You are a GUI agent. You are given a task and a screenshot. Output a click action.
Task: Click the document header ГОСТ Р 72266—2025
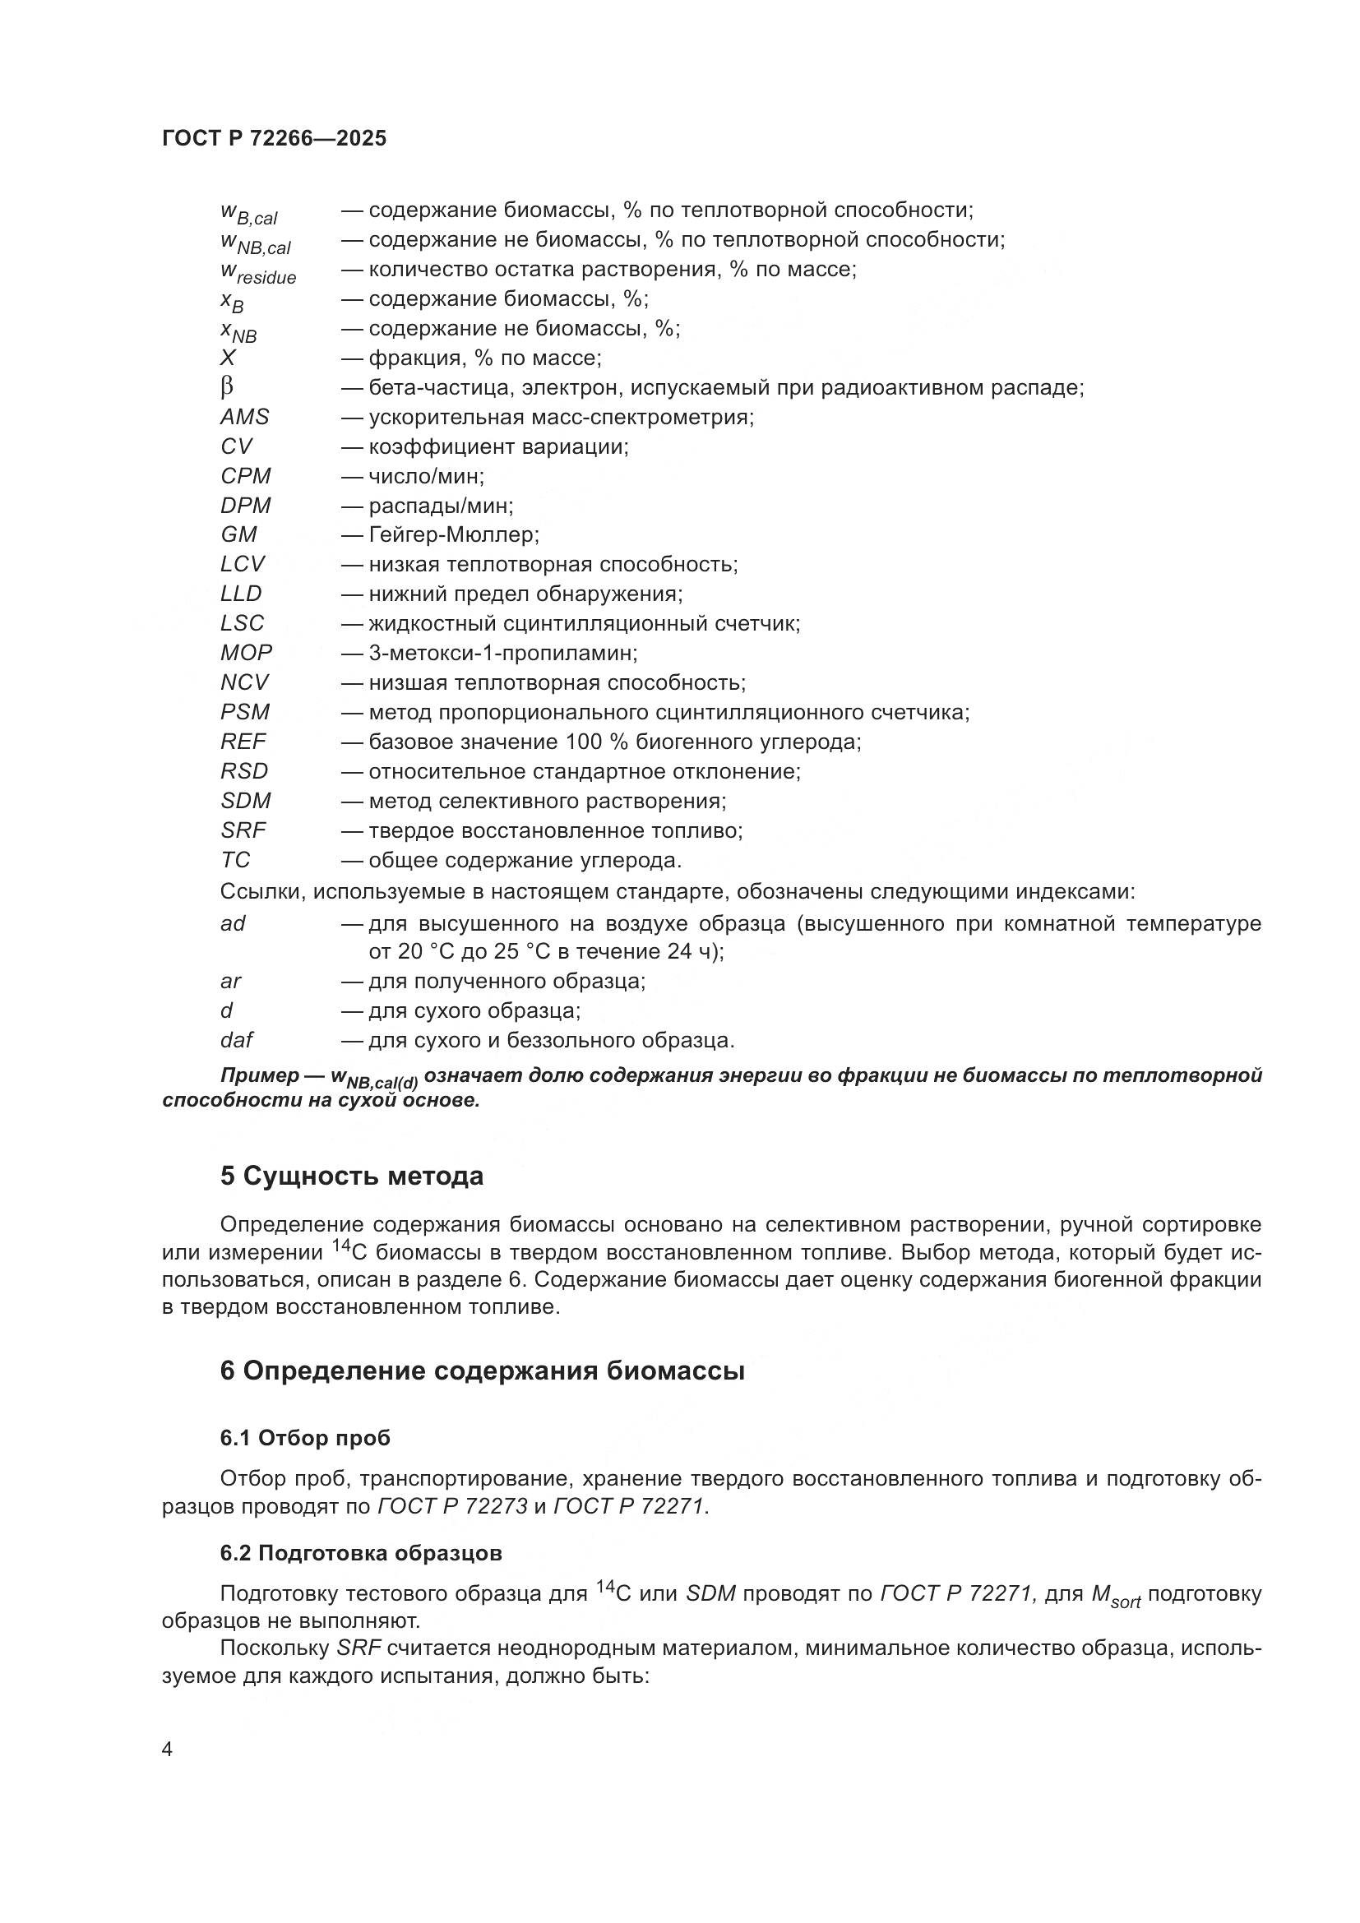(x=274, y=138)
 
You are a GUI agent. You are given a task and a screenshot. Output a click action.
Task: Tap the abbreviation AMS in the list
(x=244, y=417)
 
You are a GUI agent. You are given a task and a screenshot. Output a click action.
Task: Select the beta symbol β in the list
(x=227, y=388)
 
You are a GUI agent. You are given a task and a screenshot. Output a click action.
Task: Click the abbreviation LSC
(x=242, y=623)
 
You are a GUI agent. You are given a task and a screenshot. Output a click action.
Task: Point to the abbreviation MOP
(x=246, y=653)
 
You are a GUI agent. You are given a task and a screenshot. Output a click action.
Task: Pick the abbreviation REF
(x=243, y=742)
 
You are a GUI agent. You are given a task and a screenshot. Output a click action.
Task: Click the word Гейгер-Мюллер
(x=453, y=534)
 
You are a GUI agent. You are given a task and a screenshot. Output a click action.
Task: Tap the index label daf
(x=236, y=1040)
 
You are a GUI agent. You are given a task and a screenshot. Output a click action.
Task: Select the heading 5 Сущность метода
(x=352, y=1176)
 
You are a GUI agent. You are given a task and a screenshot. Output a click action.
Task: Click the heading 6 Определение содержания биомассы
(x=483, y=1371)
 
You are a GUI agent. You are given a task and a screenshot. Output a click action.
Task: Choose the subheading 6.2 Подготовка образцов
(x=361, y=1553)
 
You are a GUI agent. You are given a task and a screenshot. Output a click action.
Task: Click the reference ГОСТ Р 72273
(x=453, y=1506)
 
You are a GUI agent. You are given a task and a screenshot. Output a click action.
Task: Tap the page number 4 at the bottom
(x=167, y=1750)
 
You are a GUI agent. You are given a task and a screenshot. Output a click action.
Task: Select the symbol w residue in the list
(x=258, y=272)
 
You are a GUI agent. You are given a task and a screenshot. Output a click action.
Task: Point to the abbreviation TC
(x=235, y=860)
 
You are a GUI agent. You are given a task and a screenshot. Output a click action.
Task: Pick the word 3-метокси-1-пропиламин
(x=502, y=653)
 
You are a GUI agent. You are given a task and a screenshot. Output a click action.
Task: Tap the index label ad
(x=233, y=924)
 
